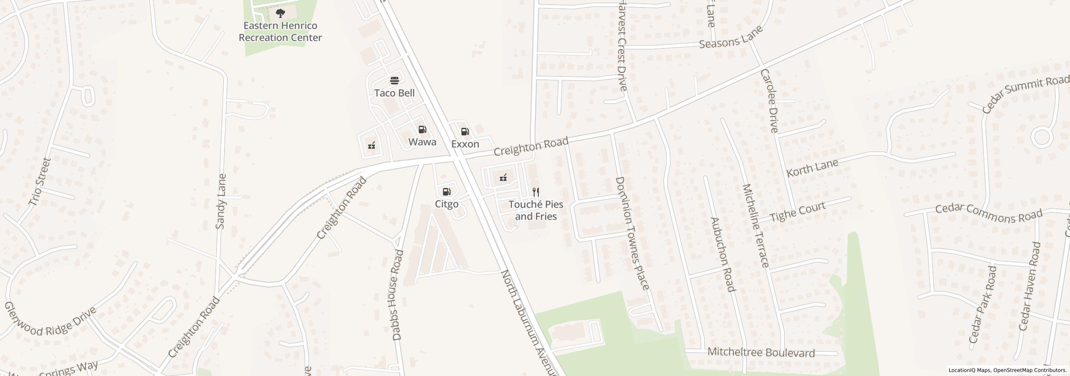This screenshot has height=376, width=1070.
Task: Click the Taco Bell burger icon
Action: pyautogui.click(x=394, y=80)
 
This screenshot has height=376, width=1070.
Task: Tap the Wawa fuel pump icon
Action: pyautogui.click(x=423, y=130)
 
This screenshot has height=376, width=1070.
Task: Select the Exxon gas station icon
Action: pyautogui.click(x=465, y=132)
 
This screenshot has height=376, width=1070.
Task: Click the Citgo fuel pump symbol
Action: pyautogui.click(x=446, y=192)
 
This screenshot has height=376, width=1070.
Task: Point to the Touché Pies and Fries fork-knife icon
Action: pyautogui.click(x=536, y=192)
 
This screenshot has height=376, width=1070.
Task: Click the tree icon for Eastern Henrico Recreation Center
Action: pyautogui.click(x=280, y=13)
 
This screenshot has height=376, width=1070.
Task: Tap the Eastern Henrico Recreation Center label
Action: pyautogui.click(x=280, y=32)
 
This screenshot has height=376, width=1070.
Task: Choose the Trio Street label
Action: pyautogui.click(x=40, y=182)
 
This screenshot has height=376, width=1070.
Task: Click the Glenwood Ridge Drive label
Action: pyautogui.click(x=50, y=322)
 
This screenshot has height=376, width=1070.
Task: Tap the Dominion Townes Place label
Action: pyautogui.click(x=632, y=233)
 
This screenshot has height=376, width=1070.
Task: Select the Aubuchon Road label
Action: pyautogui.click(x=722, y=254)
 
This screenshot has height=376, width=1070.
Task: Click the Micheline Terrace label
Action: pyautogui.click(x=755, y=226)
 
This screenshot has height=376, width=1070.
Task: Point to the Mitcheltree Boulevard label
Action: pyautogui.click(x=761, y=353)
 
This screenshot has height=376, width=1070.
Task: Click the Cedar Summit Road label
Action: pyautogui.click(x=1025, y=95)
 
